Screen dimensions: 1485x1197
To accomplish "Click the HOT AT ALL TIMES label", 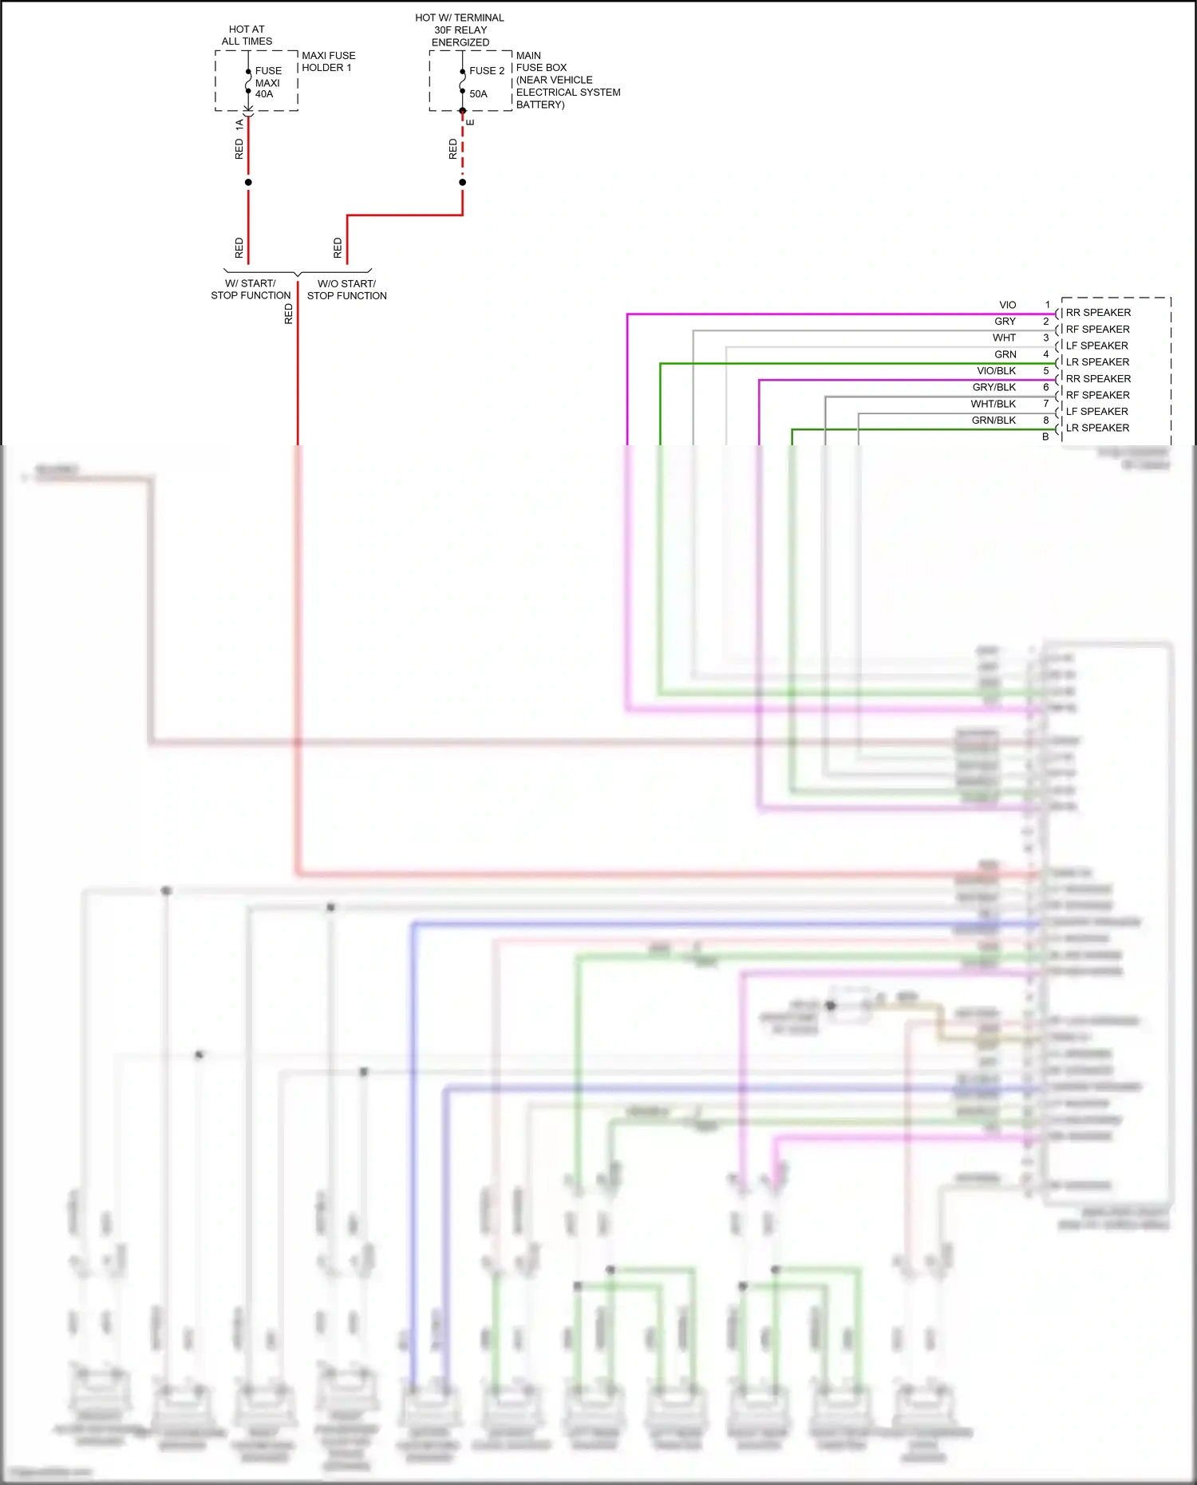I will (247, 35).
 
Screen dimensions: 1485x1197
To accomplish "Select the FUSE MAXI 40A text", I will (267, 82).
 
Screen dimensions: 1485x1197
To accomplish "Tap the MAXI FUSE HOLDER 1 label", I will (328, 61).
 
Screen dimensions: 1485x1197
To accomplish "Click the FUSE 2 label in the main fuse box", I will (486, 71).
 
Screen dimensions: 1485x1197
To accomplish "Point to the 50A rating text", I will (478, 94).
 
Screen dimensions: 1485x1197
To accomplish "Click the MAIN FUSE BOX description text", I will (567, 80).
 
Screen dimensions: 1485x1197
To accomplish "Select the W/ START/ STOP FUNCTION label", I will (251, 290).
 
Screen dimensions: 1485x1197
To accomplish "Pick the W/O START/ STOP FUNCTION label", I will (346, 290).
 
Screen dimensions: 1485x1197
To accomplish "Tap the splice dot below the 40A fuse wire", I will (248, 182).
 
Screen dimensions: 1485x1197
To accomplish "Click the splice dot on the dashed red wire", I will (462, 182).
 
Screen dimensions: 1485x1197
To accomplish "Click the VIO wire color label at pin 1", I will (1007, 305).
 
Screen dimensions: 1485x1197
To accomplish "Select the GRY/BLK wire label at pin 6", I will (994, 387).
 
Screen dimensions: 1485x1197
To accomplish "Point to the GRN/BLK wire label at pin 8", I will (994, 421).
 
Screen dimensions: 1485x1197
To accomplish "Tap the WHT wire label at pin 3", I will (1004, 338).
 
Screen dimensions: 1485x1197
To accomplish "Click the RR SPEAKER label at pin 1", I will (1098, 313).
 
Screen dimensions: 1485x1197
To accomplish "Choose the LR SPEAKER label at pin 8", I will (1097, 428).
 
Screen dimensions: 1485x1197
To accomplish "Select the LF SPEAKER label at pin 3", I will (1096, 346).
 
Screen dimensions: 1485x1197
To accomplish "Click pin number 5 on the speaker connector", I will (1046, 371).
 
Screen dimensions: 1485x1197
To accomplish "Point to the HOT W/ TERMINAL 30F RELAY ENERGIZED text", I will (460, 30).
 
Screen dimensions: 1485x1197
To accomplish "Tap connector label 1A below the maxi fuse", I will (239, 124).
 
